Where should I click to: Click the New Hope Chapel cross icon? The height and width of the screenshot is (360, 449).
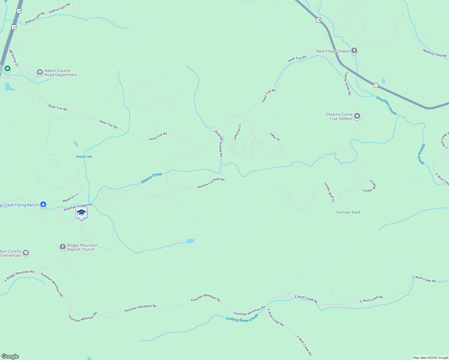click(x=354, y=51)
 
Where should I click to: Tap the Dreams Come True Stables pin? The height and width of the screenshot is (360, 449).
click(x=357, y=116)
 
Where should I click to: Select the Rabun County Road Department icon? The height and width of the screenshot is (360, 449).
click(x=40, y=72)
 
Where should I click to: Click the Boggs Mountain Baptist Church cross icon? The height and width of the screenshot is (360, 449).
click(x=62, y=247)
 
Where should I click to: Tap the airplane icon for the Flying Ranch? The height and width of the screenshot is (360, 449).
click(x=43, y=205)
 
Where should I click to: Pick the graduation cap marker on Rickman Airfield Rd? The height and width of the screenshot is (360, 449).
click(x=81, y=213)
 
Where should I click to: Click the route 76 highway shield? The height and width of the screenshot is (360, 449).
click(x=318, y=20)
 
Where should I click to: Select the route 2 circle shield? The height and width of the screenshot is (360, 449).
click(x=376, y=85)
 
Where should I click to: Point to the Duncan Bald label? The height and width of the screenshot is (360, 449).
click(x=348, y=212)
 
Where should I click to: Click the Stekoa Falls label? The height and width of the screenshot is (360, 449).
click(x=84, y=157)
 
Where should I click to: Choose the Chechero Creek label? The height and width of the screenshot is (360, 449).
click(x=386, y=106)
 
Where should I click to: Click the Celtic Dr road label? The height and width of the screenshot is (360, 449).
click(x=275, y=137)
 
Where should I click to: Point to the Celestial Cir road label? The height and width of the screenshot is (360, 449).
click(x=237, y=132)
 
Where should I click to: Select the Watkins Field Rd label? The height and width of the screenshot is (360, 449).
click(x=434, y=53)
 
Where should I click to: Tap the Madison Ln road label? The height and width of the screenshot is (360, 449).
click(x=70, y=197)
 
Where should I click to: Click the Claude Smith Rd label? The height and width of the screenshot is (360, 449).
click(x=348, y=83)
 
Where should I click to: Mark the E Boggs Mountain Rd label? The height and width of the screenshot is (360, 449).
click(x=19, y=276)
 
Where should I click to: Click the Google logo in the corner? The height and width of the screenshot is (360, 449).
click(x=10, y=356)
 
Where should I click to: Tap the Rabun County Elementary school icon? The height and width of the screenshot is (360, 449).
click(x=26, y=253)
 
